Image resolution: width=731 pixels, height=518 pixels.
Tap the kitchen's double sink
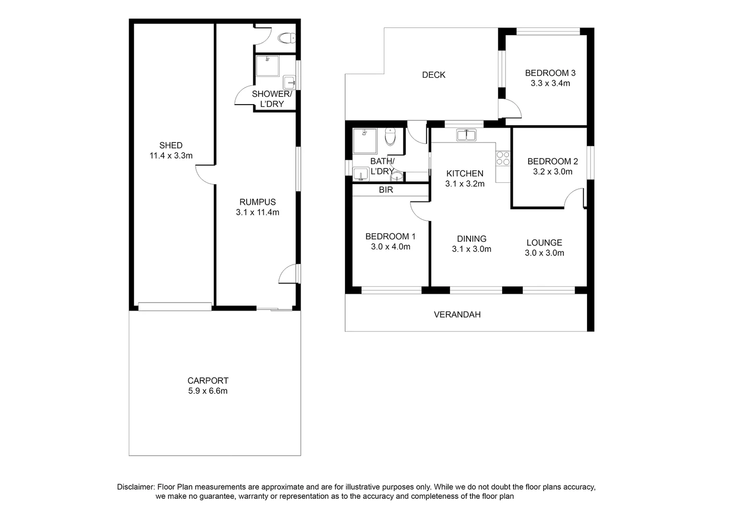pyautogui.click(x=466, y=135)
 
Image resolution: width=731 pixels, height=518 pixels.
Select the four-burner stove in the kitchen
pyautogui.click(x=503, y=158)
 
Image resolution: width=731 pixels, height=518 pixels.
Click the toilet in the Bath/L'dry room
pyautogui.click(x=390, y=137)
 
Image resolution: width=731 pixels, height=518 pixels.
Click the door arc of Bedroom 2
pyautogui.click(x=574, y=198)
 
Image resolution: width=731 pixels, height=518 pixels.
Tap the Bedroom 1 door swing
pyautogui.click(x=419, y=212)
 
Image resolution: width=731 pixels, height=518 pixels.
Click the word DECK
pyautogui.click(x=434, y=75)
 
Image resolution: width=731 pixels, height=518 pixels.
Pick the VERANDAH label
pyautogui.click(x=457, y=315)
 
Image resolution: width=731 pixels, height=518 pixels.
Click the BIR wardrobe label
pyautogui.click(x=386, y=190)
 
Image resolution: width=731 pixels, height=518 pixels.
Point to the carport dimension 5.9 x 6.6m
pyautogui.click(x=208, y=391)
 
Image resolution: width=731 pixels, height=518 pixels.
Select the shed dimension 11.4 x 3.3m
pyautogui.click(x=171, y=155)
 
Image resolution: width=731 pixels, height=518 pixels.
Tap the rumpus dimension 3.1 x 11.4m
pyautogui.click(x=257, y=212)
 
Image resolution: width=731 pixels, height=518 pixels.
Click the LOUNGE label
pyautogui.click(x=544, y=243)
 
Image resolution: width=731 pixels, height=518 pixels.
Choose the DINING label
pyautogui.click(x=472, y=239)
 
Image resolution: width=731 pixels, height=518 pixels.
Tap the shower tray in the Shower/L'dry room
pyautogui.click(x=267, y=66)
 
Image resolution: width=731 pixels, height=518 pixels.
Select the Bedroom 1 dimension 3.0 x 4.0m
pyautogui.click(x=390, y=247)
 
